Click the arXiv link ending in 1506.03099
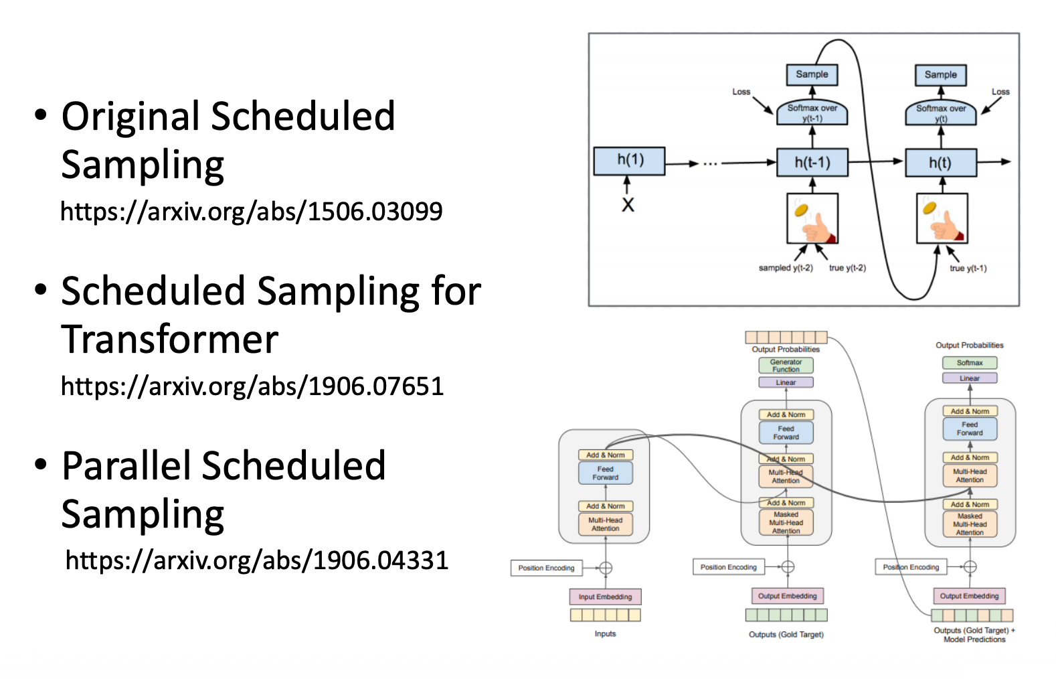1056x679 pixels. click(x=252, y=212)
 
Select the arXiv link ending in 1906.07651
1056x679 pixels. click(x=252, y=386)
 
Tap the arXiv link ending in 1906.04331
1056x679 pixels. click(x=257, y=560)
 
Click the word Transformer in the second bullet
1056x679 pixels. click(x=170, y=339)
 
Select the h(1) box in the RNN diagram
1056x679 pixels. click(x=630, y=161)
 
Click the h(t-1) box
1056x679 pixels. click(x=812, y=162)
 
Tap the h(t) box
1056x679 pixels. click(x=940, y=162)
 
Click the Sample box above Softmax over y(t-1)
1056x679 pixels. click(x=812, y=74)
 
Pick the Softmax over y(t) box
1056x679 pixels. click(x=940, y=113)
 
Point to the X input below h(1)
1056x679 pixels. click(x=628, y=205)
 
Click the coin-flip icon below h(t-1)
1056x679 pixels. click(x=812, y=219)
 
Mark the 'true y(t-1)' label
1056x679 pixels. click(x=968, y=269)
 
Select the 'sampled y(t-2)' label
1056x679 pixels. click(x=786, y=268)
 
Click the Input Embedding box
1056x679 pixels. click(x=605, y=597)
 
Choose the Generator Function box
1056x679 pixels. click(x=786, y=366)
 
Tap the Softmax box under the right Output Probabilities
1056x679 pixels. click(x=969, y=363)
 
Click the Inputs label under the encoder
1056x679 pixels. click(x=605, y=633)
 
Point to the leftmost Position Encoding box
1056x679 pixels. click(x=546, y=568)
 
